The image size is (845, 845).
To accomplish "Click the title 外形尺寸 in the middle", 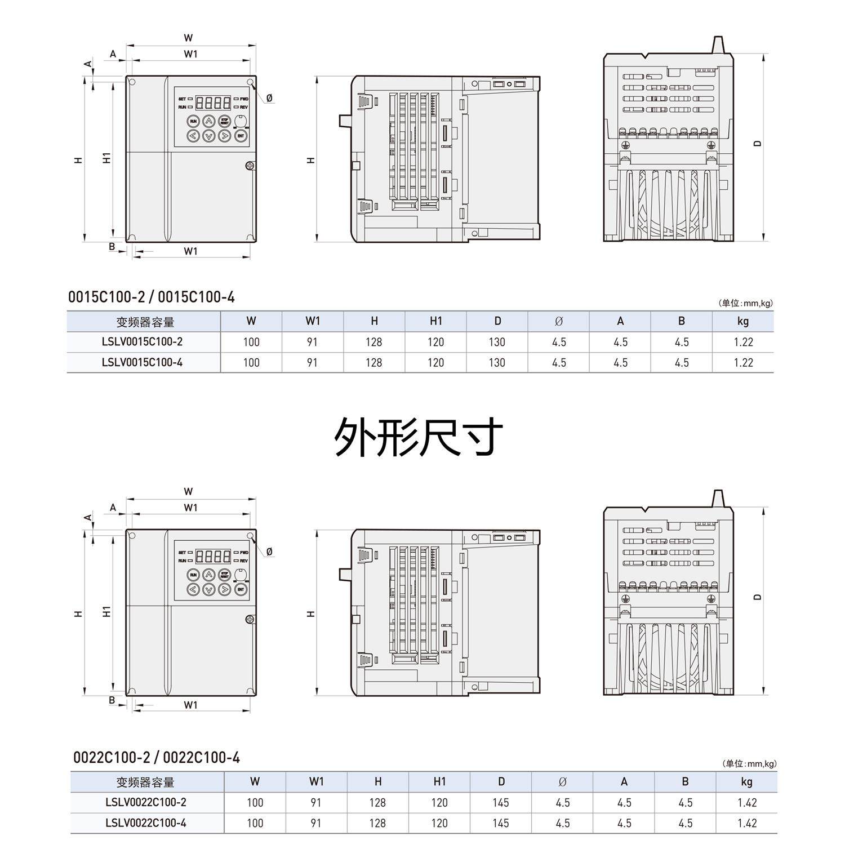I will click(x=417, y=437).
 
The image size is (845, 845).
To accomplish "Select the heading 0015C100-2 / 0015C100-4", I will click(x=151, y=297).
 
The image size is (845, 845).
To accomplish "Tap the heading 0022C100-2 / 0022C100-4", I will click(x=156, y=757).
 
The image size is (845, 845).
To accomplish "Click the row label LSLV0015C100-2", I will click(x=142, y=342).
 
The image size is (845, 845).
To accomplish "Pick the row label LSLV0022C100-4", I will click(x=145, y=823).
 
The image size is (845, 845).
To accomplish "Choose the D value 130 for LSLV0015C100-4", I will click(x=497, y=363).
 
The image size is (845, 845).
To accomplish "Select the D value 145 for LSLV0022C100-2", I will click(x=500, y=803).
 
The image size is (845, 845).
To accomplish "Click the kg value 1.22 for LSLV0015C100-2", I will click(x=743, y=342).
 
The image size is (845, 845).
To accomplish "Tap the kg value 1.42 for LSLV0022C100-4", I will click(x=747, y=823).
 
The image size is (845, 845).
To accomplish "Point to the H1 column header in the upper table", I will click(x=435, y=321).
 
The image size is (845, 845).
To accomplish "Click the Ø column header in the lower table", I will click(x=562, y=782).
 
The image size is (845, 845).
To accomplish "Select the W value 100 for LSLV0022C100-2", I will click(x=255, y=803).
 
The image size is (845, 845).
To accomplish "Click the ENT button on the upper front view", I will click(x=241, y=136).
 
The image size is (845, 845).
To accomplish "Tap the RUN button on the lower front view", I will click(x=193, y=575).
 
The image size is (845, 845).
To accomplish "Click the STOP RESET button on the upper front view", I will click(x=224, y=121).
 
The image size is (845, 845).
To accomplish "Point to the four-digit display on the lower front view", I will click(x=213, y=557).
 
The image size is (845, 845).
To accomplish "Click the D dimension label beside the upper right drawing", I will click(x=758, y=143).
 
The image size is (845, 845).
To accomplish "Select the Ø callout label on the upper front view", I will click(x=269, y=98).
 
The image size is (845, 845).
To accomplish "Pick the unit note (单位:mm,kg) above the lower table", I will click(x=749, y=764).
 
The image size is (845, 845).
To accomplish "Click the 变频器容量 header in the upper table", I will click(x=145, y=322).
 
